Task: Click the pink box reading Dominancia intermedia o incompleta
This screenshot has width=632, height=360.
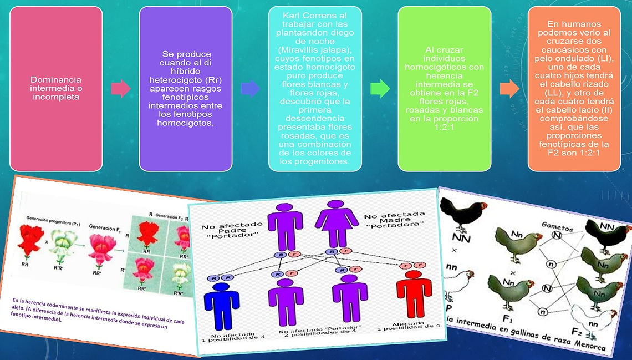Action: pyautogui.click(x=56, y=88)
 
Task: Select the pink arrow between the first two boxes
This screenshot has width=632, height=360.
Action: pyautogui.click(x=120, y=88)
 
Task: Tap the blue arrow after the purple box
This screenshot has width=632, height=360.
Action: pyautogui.click(x=250, y=88)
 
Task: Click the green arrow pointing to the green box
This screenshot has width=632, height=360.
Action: pyautogui.click(x=380, y=88)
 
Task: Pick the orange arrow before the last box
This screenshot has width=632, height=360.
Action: pyautogui.click(x=509, y=88)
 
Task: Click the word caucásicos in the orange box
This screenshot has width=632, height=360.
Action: pyautogui.click(x=574, y=50)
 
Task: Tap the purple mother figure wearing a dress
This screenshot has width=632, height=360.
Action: pyautogui.click(x=336, y=222)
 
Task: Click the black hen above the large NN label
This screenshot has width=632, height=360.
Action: pyautogui.click(x=465, y=214)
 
